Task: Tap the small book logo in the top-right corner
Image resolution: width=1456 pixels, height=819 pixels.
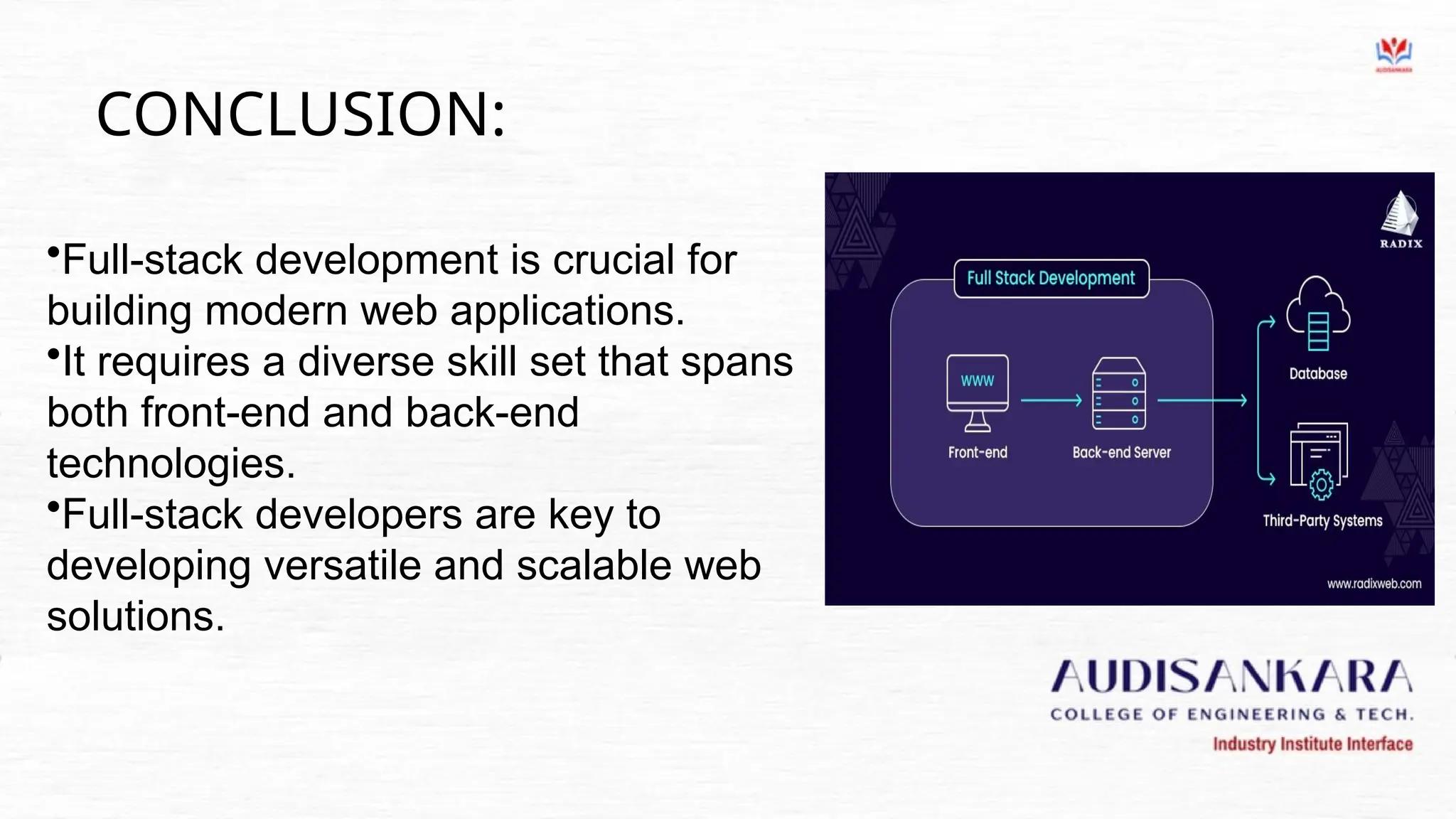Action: coord(1393,54)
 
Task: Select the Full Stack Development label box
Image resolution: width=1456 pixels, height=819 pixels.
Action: coord(1051,279)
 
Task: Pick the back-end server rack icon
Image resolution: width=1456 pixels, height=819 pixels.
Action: coord(1119,394)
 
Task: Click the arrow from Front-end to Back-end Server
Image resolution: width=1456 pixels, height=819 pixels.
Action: coord(1051,401)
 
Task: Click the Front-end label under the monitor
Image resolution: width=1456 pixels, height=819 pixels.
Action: coord(978,453)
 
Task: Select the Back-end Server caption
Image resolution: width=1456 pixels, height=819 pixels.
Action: coord(1121,453)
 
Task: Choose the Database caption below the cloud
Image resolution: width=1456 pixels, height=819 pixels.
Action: coord(1318,374)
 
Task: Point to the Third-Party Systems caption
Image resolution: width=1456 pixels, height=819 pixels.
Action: coord(1322,521)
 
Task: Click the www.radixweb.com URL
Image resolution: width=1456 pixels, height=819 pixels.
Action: coord(1374,584)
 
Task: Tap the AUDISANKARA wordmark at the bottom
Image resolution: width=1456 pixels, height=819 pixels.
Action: coord(1231,677)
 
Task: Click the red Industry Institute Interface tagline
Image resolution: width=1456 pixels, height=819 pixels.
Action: coord(1312,744)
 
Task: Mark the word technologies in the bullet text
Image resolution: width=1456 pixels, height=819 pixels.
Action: coord(171,464)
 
